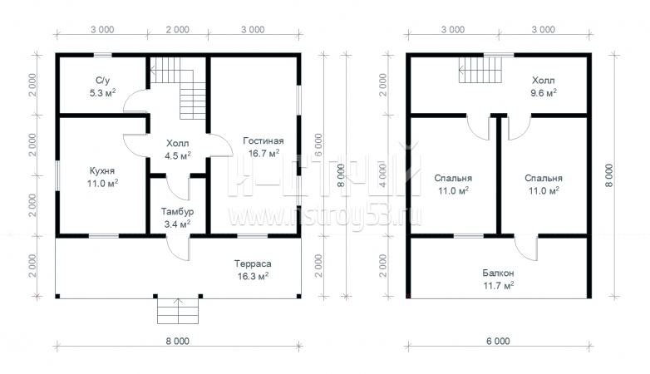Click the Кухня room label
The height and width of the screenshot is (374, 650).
pyautogui.click(x=102, y=171)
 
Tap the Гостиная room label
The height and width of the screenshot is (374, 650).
pyautogui.click(x=263, y=141)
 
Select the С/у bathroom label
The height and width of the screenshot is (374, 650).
pyautogui.click(x=103, y=81)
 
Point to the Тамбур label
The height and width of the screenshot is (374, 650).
pyautogui.click(x=177, y=212)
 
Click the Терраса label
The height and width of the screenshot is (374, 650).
pyautogui.click(x=253, y=263)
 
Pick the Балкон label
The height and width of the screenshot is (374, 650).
pyautogui.click(x=498, y=273)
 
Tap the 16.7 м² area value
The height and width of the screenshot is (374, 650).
pyautogui.click(x=263, y=154)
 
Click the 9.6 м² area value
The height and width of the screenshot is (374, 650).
pyautogui.click(x=544, y=93)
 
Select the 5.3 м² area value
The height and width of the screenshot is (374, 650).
pyautogui.click(x=102, y=93)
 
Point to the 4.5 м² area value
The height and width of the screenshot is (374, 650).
pyautogui.click(x=178, y=156)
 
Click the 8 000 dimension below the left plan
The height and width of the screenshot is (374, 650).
pyautogui.click(x=178, y=342)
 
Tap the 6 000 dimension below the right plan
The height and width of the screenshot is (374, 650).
pyautogui.click(x=498, y=342)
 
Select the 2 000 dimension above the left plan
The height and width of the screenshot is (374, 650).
pyautogui.click(x=178, y=30)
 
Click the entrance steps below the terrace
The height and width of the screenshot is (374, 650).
pyautogui.click(x=178, y=311)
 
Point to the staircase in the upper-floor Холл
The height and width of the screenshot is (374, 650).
pyautogui.click(x=480, y=70)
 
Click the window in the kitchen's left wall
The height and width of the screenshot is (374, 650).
pyautogui.click(x=57, y=176)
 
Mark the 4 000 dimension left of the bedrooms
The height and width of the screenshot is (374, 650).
pyautogui.click(x=382, y=175)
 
